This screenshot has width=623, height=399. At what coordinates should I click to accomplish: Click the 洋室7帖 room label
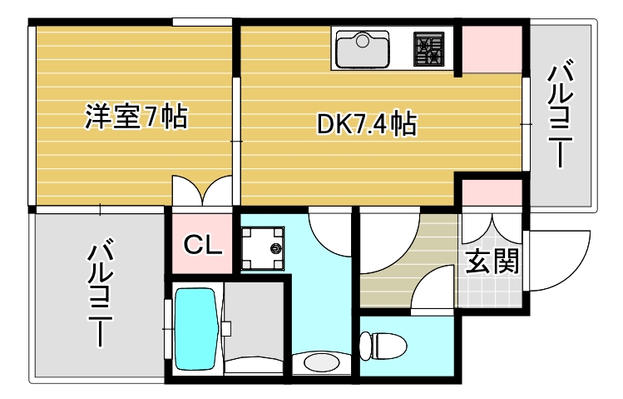[x=136, y=117]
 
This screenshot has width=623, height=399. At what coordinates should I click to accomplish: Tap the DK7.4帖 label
[x=366, y=124]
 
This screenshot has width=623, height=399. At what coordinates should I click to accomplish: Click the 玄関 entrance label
[x=492, y=261]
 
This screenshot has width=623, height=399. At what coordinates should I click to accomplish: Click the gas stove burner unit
[x=430, y=49]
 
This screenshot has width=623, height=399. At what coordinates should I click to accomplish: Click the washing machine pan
[x=263, y=247]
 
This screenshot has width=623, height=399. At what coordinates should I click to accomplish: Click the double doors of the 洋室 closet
[x=203, y=191]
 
